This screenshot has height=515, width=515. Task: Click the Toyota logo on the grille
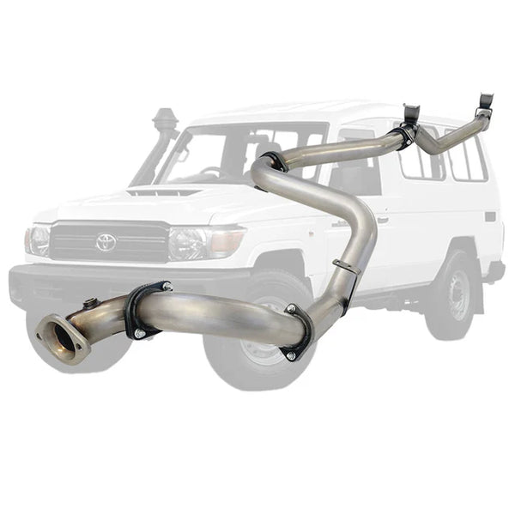click(106, 242)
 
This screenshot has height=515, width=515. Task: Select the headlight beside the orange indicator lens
click(188, 243)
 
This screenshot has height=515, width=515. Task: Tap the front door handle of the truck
click(381, 219)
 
